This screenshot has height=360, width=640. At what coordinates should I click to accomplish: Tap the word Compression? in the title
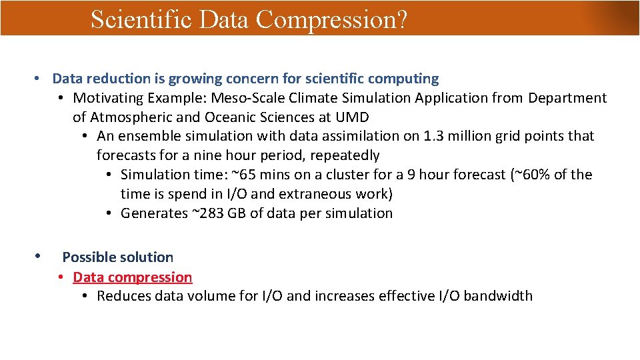point(331,19)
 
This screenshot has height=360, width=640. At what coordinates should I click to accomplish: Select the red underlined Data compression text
point(132,277)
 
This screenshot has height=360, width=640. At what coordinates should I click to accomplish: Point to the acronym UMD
point(353,117)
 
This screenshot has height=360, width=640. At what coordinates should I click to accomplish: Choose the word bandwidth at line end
point(498,296)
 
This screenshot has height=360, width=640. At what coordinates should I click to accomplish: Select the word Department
point(567,98)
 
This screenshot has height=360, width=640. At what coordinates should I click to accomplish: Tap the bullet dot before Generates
point(109,213)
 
